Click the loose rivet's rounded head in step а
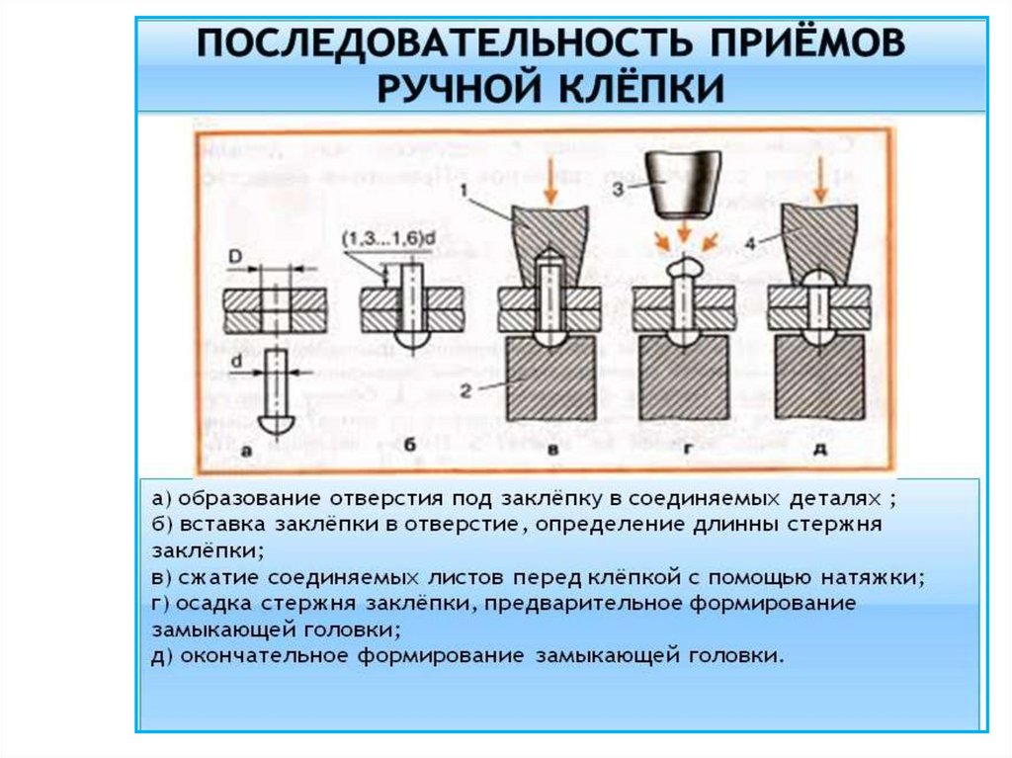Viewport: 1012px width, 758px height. point(277,423)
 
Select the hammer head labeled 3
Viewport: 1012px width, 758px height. point(683,186)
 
